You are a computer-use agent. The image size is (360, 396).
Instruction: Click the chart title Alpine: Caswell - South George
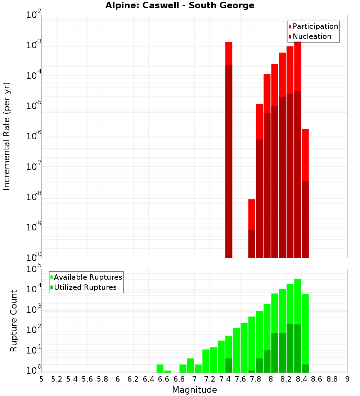pos(180,6)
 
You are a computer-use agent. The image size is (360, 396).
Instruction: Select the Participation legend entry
pos(313,27)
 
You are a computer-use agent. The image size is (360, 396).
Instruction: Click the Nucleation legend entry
pos(310,37)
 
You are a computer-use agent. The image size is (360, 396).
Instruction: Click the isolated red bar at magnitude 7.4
pos(229,144)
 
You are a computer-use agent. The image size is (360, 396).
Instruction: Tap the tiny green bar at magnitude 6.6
pos(167,372)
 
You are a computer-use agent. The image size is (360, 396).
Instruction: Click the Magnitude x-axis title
pos(194,390)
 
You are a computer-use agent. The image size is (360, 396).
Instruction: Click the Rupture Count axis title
pos(14,320)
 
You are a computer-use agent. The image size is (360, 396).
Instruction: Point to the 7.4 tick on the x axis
pos(225,379)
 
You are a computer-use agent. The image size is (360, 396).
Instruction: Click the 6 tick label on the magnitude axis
pos(118,379)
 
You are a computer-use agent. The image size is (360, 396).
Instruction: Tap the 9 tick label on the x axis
pos(347,379)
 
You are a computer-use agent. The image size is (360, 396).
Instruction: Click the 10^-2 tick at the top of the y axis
pos(33,15)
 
